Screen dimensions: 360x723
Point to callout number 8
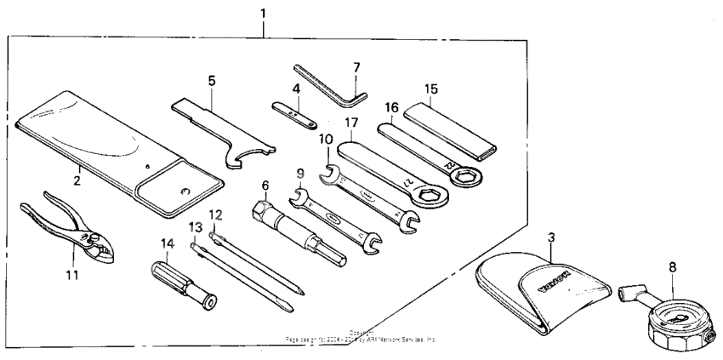click(672, 266)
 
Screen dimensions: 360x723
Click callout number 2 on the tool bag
click(76, 180)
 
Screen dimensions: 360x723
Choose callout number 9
click(300, 174)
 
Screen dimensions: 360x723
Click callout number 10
click(327, 138)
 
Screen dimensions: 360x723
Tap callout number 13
click(196, 227)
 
